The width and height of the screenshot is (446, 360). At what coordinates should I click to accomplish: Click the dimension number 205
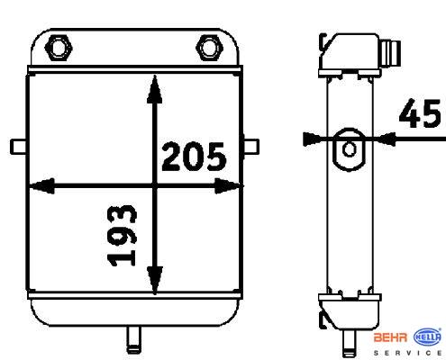194,157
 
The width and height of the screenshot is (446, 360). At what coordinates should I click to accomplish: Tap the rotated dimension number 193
122,236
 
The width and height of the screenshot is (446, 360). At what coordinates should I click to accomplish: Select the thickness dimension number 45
420,113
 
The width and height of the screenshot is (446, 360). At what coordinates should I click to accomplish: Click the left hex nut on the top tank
59,48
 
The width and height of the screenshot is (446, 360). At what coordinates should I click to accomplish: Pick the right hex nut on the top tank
209,48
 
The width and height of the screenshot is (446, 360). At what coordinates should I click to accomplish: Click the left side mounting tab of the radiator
19,147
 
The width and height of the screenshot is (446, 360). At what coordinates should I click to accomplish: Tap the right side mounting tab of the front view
251,147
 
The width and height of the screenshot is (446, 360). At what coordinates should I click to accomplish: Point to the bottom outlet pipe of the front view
134,339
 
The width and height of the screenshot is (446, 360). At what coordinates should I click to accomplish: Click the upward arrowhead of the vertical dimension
155,89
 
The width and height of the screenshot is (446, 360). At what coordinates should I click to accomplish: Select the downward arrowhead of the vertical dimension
155,280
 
